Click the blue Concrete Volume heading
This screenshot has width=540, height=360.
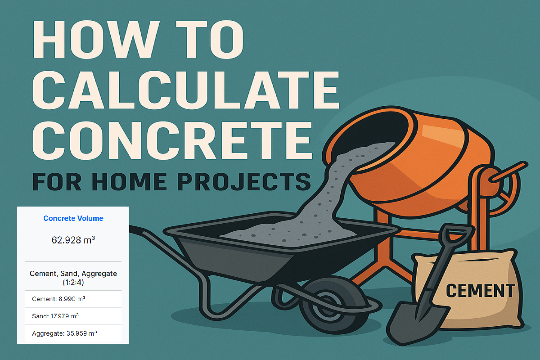(73, 218)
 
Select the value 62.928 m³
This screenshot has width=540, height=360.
(73, 240)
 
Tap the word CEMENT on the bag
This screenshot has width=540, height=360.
(480, 290)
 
